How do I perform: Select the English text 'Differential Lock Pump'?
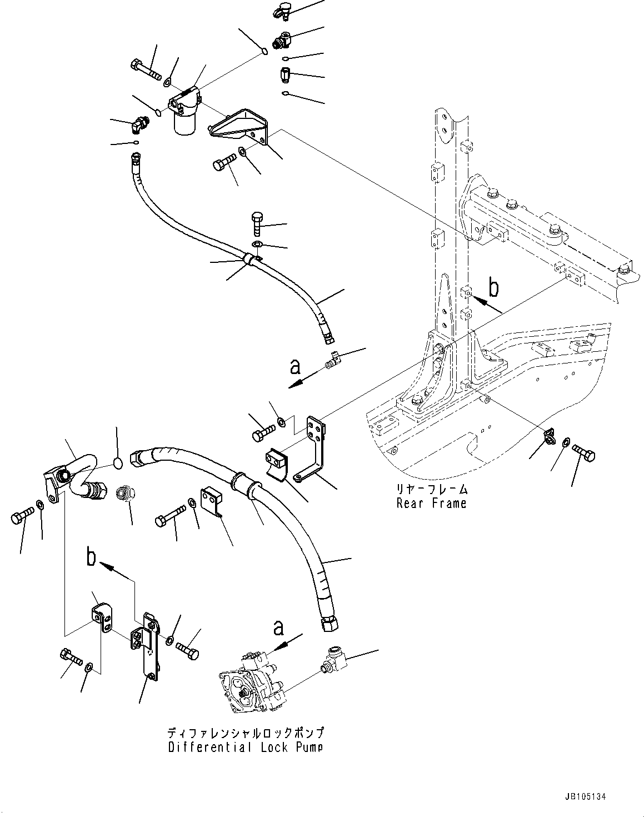coord(245,747)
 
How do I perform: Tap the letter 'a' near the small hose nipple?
coord(295,367)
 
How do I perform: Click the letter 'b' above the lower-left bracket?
coord(92,557)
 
